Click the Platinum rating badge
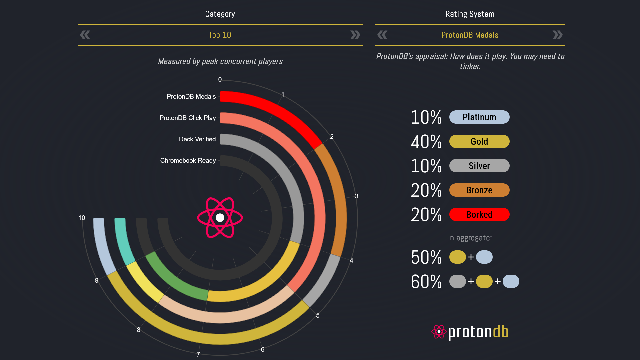(x=479, y=117)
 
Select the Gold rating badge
(x=479, y=141)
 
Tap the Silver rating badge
(x=479, y=166)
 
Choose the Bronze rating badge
(x=479, y=190)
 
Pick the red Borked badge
(x=479, y=214)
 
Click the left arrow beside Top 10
(x=85, y=35)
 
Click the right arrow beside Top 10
(x=355, y=35)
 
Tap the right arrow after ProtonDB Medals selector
(x=557, y=35)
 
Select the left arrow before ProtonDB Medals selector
(x=382, y=35)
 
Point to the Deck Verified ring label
(x=197, y=139)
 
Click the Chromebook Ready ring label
(x=188, y=160)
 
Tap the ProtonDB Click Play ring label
(x=187, y=118)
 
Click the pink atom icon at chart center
(x=220, y=218)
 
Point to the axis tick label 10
(x=82, y=218)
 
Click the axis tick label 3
(x=357, y=196)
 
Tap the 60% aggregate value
(x=426, y=282)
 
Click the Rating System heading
(x=470, y=14)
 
